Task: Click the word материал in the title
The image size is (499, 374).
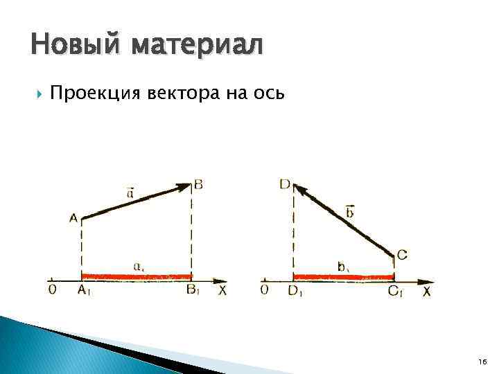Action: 196,46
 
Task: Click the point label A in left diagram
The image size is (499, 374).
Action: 73,218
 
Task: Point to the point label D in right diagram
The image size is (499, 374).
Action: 284,184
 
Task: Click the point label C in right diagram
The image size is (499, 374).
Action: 402,256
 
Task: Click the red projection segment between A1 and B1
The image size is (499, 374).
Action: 137,277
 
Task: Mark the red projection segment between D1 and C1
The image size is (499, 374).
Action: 344,277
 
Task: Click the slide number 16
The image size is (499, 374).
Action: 482,362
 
